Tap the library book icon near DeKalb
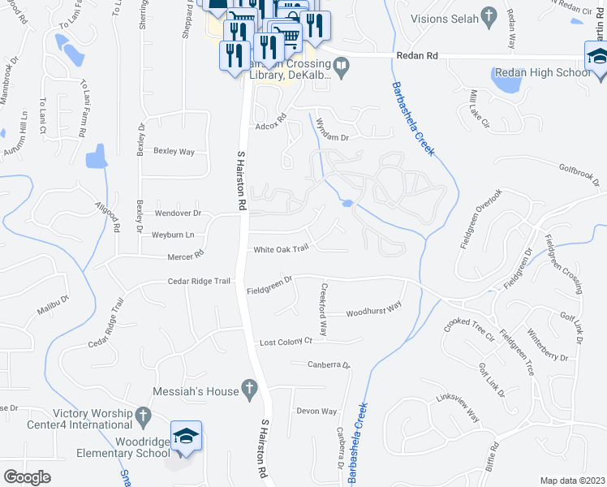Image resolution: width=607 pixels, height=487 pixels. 342,68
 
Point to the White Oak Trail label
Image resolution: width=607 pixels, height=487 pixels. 282,249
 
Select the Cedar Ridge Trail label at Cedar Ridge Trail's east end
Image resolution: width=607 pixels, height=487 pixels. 199,282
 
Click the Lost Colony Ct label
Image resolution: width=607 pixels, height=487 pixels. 286,343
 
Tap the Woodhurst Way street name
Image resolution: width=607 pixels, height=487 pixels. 373,308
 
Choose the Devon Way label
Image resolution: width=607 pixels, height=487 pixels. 316,412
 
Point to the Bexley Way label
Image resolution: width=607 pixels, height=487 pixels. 174,152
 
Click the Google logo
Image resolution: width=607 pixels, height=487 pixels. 27,477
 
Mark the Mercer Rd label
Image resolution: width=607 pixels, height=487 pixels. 186,254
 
